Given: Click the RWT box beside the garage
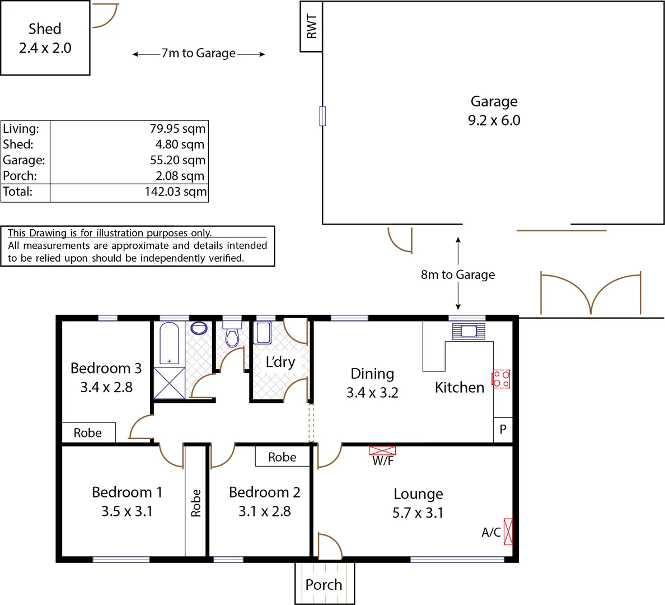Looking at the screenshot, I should pos(311,26).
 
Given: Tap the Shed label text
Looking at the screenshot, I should pos(45,29).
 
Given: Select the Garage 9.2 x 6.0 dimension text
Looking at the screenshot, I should pos(494,120).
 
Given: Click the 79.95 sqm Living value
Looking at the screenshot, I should pos(177,129).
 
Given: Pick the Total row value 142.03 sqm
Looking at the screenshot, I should pos(175,192).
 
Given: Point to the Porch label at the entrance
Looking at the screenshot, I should pos(324,585).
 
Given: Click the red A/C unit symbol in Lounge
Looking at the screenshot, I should pos(508,532).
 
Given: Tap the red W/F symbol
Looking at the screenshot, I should pos(382,451).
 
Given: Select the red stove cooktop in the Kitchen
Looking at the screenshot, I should pos(501,379).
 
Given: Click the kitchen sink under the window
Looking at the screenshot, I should pos(469,331).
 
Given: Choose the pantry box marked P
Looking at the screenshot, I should pos(503,430).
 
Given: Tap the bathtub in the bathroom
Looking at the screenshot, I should pos(169,343).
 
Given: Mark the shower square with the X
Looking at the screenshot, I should pos(169,383).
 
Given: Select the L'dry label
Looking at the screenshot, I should pos(280,362).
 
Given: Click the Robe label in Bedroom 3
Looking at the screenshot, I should pos(88,433).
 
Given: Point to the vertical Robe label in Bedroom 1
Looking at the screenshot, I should pos(196,502).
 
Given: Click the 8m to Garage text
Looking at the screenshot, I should pos(458,275).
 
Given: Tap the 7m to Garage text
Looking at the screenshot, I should pos(199,54).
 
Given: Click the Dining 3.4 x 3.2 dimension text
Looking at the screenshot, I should pos(372,393).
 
